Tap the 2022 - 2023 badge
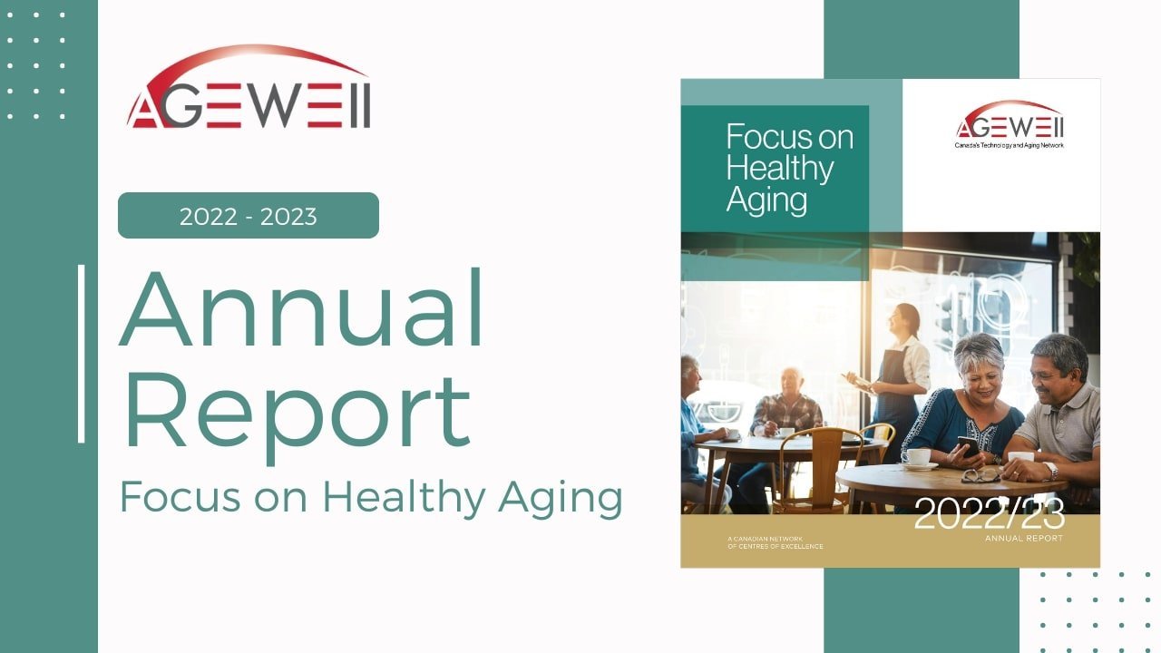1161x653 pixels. point(248,216)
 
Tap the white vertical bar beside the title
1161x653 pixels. point(82,354)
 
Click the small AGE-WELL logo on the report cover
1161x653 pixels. point(1009,121)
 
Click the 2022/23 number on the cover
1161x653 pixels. point(988,514)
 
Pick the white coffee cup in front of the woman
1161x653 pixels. point(917,458)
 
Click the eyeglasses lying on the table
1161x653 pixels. point(981,474)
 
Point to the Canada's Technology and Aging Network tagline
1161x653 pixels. point(1009,145)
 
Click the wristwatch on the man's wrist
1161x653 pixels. point(1050,470)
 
